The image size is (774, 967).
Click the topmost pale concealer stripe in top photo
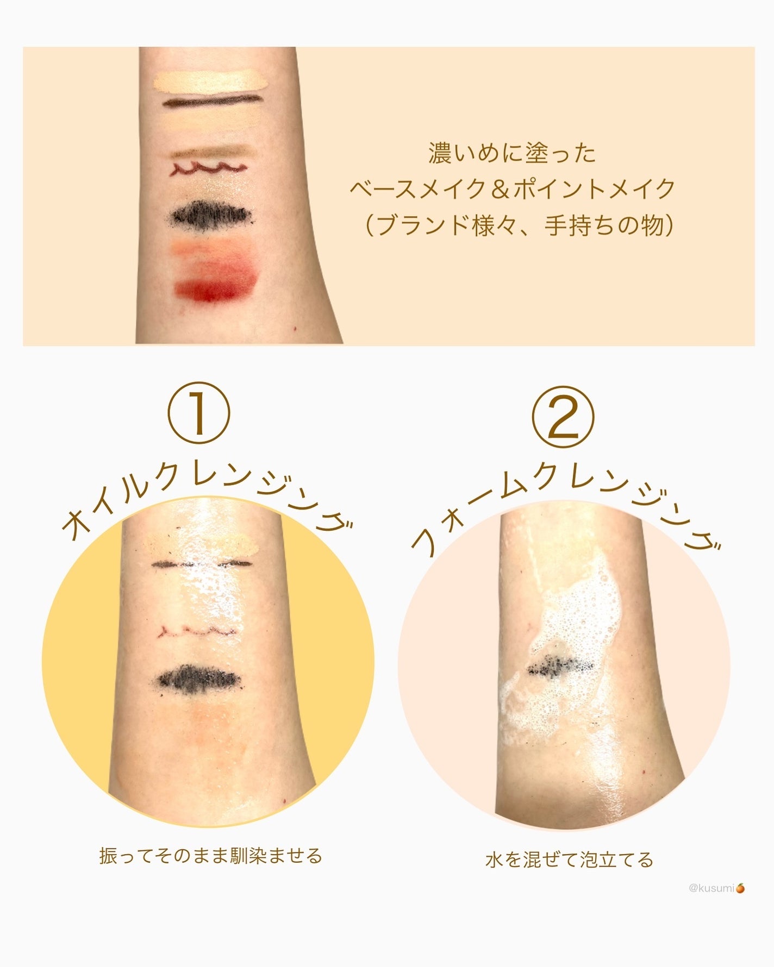coord(210,81)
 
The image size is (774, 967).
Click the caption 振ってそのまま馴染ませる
coord(210,856)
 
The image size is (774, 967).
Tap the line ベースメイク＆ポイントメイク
coord(511,189)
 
